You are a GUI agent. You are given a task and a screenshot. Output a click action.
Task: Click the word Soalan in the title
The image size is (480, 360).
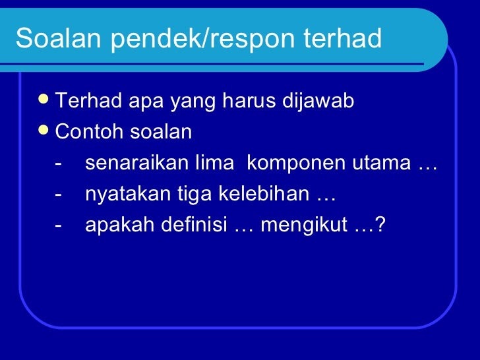58,38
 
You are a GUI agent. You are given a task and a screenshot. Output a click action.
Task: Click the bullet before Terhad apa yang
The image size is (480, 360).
44,99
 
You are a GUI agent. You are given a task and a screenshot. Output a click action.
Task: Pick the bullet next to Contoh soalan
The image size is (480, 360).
44,130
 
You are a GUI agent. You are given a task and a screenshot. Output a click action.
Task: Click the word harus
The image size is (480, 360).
249,100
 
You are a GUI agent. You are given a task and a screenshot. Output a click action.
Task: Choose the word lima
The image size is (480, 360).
214,162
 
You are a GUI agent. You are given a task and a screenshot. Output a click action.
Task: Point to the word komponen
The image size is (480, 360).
295,164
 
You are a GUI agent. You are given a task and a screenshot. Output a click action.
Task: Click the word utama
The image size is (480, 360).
381,164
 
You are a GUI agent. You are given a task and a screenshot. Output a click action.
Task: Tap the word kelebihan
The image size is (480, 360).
264,193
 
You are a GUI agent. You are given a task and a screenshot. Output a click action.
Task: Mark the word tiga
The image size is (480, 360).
195,195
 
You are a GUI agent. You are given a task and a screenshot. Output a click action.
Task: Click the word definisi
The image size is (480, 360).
194,224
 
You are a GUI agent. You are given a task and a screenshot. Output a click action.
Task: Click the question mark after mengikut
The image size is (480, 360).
380,224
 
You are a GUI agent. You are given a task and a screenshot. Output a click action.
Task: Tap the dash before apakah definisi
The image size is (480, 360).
58,226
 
